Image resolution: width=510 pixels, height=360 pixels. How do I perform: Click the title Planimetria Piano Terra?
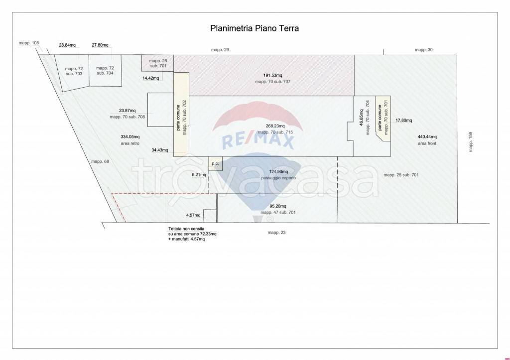[x=255, y=28]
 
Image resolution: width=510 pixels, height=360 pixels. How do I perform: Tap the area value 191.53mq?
[x=272, y=76]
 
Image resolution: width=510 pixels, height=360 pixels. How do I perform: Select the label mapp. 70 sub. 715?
[x=275, y=132]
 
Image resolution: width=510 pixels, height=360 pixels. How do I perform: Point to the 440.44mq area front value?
[x=427, y=137]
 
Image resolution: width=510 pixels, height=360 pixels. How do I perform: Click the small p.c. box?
[x=215, y=164]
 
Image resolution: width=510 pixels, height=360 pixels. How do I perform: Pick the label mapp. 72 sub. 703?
[x=74, y=71]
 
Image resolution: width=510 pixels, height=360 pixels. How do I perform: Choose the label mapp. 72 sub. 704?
[x=105, y=71]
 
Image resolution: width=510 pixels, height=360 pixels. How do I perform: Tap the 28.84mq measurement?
[x=67, y=45]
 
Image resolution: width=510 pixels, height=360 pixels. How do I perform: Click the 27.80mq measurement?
[x=100, y=45]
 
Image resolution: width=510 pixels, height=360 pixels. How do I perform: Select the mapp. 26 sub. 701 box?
[x=157, y=63]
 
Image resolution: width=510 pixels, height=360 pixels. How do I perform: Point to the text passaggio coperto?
[x=278, y=178]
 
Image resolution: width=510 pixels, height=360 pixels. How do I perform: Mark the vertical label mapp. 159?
[x=470, y=142]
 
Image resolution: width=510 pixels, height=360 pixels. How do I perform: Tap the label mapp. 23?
[x=276, y=233]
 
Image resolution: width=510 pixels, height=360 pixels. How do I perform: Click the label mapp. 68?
[x=100, y=162]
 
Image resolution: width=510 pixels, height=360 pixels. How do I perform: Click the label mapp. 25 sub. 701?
[x=401, y=175]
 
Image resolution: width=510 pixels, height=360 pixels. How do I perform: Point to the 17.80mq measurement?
[x=403, y=120]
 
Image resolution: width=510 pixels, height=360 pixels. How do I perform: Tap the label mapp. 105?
[x=28, y=43]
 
